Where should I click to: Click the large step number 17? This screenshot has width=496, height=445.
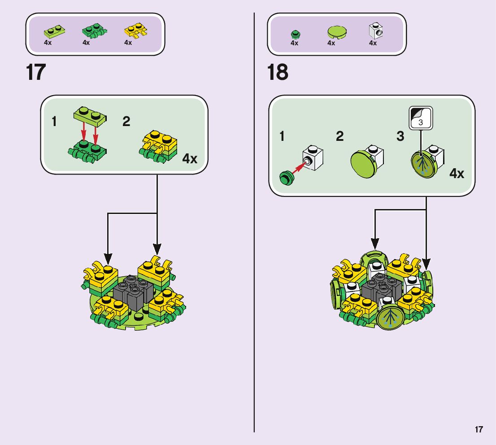coord(36,73)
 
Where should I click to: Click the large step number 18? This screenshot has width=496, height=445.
coord(278,73)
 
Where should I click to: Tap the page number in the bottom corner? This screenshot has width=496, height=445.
coord(479,429)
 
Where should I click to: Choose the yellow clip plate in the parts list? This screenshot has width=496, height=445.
coord(135,31)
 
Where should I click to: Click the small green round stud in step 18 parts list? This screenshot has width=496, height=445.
coord(295,34)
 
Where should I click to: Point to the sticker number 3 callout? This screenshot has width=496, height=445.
coord(421,118)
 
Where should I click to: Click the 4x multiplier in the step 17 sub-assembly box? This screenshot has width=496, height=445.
coord(190,159)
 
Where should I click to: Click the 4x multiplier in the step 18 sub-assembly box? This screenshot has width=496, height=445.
coord(457,174)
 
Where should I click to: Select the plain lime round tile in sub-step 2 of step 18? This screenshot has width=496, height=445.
coord(363,165)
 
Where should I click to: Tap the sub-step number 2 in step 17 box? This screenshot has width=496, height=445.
coord(126,122)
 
